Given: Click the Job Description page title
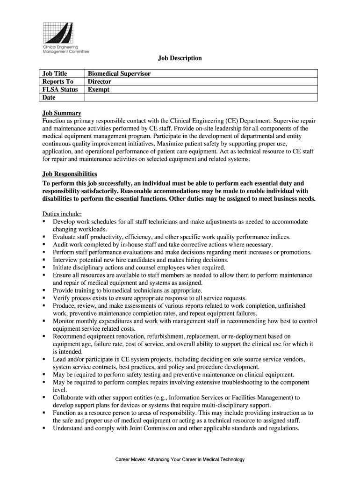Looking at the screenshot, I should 180,58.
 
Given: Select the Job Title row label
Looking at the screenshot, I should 55,73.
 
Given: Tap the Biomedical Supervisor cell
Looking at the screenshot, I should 120,73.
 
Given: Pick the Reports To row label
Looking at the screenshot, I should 58,81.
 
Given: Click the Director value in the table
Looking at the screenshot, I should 100,81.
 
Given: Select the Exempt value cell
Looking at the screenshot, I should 99,89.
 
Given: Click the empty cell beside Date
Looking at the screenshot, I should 201,97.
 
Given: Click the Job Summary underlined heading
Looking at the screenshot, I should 62,113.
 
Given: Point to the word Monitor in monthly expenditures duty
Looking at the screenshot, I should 64,321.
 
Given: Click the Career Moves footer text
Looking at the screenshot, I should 180,460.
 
